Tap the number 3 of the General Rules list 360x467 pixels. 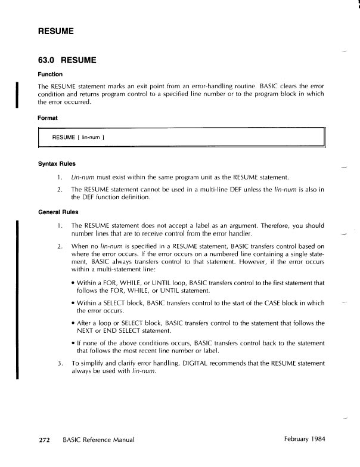coord(60,363)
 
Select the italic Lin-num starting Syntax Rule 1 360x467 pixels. coord(81,177)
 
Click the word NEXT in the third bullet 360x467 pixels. coord(87,330)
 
